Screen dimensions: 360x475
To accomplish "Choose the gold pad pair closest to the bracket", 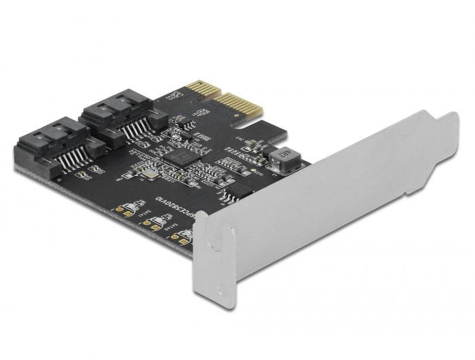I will tap(180, 238).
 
